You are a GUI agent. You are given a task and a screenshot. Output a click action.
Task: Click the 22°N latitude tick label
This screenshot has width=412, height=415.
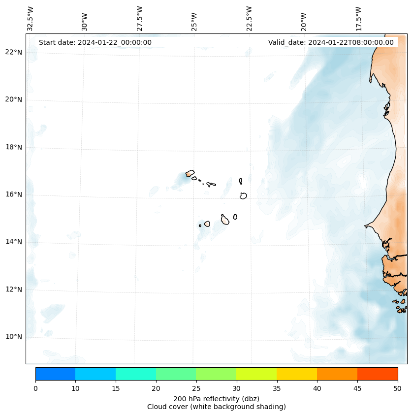pyautogui.click(x=14, y=52)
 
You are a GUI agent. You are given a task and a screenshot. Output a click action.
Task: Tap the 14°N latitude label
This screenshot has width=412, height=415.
pyautogui.click(x=14, y=242)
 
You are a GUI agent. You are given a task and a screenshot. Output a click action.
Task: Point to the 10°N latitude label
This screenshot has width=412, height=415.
pyautogui.click(x=14, y=337)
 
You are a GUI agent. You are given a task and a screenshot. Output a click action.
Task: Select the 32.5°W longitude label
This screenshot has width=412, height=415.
pyautogui.click(x=31, y=19)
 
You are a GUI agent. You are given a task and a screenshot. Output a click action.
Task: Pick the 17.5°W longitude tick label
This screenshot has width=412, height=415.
pyautogui.click(x=358, y=19)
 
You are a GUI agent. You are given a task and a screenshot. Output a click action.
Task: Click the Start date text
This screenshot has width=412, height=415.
pyautogui.click(x=95, y=42)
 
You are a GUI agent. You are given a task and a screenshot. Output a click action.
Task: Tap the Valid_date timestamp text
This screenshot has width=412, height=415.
pyautogui.click(x=331, y=42)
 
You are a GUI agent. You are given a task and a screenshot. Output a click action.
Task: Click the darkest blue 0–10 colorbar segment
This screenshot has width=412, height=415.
pyautogui.click(x=55, y=374)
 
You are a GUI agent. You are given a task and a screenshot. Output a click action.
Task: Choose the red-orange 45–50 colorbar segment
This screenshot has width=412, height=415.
pyautogui.click(x=378, y=374)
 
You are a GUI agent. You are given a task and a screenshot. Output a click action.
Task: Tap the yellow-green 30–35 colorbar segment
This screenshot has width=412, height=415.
pyautogui.click(x=256, y=374)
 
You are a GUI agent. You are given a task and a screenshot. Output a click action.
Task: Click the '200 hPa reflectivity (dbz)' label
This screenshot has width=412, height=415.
pyautogui.click(x=216, y=398)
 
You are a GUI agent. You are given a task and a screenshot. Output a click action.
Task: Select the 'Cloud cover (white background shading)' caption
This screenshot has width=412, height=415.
pyautogui.click(x=216, y=407)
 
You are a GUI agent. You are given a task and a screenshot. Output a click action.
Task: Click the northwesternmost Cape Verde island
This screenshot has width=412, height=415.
pyautogui.click(x=190, y=173)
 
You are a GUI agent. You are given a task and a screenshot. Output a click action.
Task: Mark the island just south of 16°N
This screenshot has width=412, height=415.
pyautogui.click(x=243, y=195)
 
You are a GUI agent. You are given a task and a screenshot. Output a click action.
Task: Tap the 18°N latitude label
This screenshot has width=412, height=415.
pyautogui.click(x=14, y=147)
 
